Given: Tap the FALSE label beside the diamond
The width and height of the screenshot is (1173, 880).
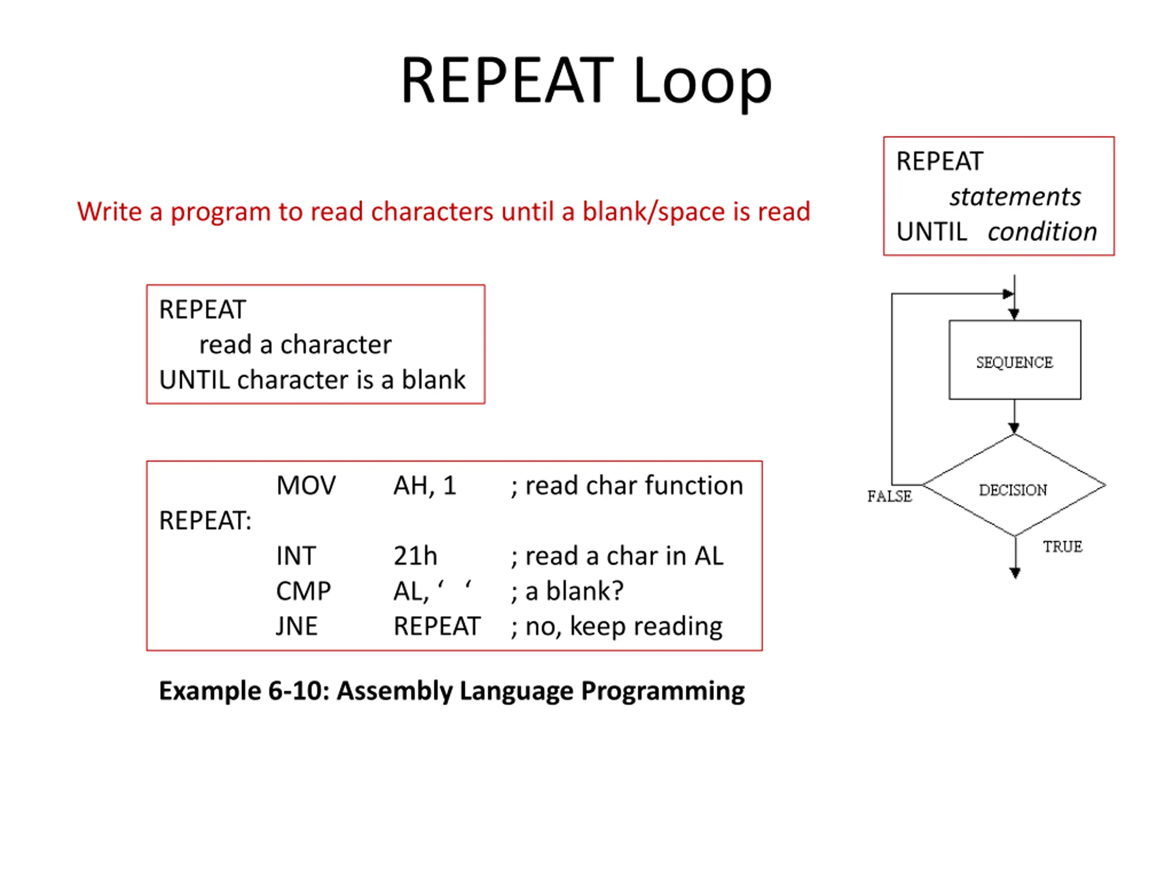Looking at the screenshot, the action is coord(889,496).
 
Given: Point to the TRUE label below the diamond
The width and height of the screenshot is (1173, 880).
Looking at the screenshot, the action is coord(1063,546).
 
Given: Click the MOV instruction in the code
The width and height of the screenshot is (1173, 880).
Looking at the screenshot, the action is coord(306,485).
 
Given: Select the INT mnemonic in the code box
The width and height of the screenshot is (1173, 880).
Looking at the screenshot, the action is coord(296,556).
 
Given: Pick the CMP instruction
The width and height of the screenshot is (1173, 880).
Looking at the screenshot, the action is coord(303,591).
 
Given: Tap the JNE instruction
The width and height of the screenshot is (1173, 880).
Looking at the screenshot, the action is coord(296,626).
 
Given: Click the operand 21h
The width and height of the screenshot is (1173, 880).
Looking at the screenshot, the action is coord(415,556).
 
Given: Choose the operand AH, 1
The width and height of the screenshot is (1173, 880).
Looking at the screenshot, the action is coord(425,485).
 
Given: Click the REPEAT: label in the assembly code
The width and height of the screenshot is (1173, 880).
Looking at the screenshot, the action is coord(205,520).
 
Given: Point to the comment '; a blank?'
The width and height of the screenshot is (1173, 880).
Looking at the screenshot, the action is coord(567,591).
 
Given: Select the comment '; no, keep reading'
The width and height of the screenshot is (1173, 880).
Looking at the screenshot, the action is coord(616,627).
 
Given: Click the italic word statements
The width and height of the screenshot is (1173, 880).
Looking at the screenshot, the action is coord(1015,196).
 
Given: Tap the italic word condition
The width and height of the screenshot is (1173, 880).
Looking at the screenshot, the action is coord(1042,232).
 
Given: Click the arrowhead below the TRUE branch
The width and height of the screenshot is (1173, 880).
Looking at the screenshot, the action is coord(1015,573).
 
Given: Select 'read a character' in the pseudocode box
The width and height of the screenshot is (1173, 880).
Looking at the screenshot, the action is coord(296,344).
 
